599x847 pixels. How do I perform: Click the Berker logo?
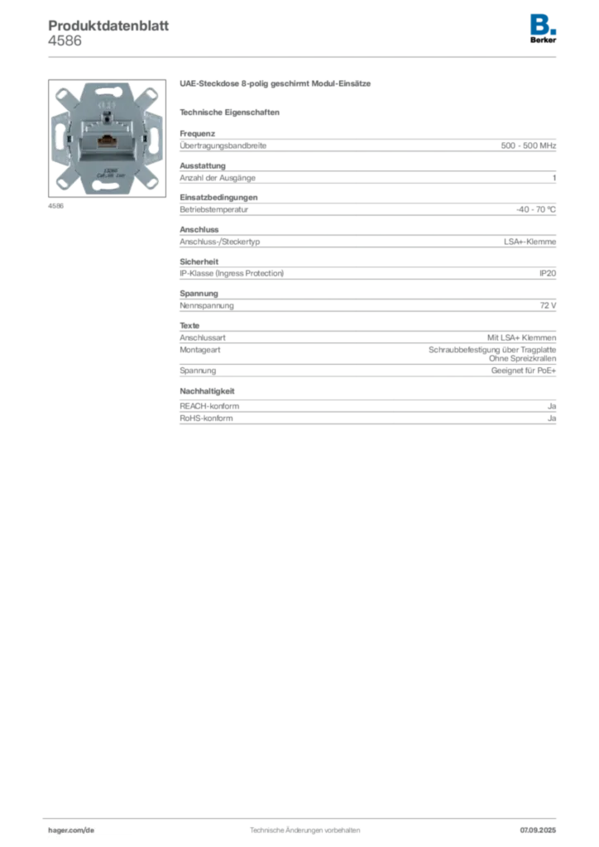(543, 29)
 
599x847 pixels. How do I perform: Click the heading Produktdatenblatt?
(108, 26)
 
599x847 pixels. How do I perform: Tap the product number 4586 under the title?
(65, 41)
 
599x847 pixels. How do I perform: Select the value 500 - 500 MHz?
(528, 146)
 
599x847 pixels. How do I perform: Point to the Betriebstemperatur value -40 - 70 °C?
(536, 209)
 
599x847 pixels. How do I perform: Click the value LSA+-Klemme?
(530, 242)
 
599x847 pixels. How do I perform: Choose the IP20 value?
(548, 273)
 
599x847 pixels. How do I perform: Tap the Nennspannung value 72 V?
(548, 306)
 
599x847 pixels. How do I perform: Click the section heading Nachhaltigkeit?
(207, 391)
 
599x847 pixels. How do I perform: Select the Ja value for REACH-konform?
(552, 406)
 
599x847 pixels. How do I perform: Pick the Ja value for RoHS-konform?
(552, 419)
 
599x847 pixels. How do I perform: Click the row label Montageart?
(200, 350)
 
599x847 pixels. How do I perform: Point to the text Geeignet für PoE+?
(524, 371)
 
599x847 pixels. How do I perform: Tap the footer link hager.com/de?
(71, 830)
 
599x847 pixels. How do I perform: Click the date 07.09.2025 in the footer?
(538, 830)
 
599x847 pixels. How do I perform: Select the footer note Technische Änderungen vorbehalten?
(304, 830)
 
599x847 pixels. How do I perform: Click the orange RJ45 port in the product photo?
(105, 142)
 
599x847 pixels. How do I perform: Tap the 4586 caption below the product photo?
(55, 206)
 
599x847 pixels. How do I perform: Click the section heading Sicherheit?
(199, 261)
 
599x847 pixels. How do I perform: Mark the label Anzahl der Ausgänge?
(218, 179)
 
